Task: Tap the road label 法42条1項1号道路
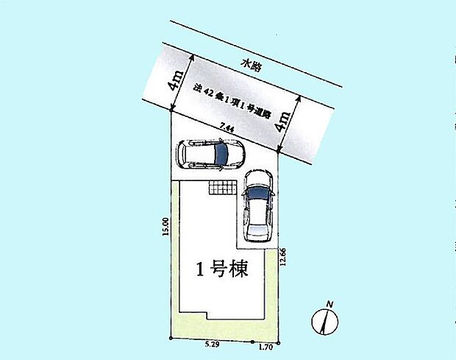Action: [232, 104]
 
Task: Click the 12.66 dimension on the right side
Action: [283, 260]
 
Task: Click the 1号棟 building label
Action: [221, 269]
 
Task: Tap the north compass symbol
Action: [324, 322]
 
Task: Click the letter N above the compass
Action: [330, 304]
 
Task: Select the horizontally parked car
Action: [210, 155]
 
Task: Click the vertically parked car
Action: [257, 206]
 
